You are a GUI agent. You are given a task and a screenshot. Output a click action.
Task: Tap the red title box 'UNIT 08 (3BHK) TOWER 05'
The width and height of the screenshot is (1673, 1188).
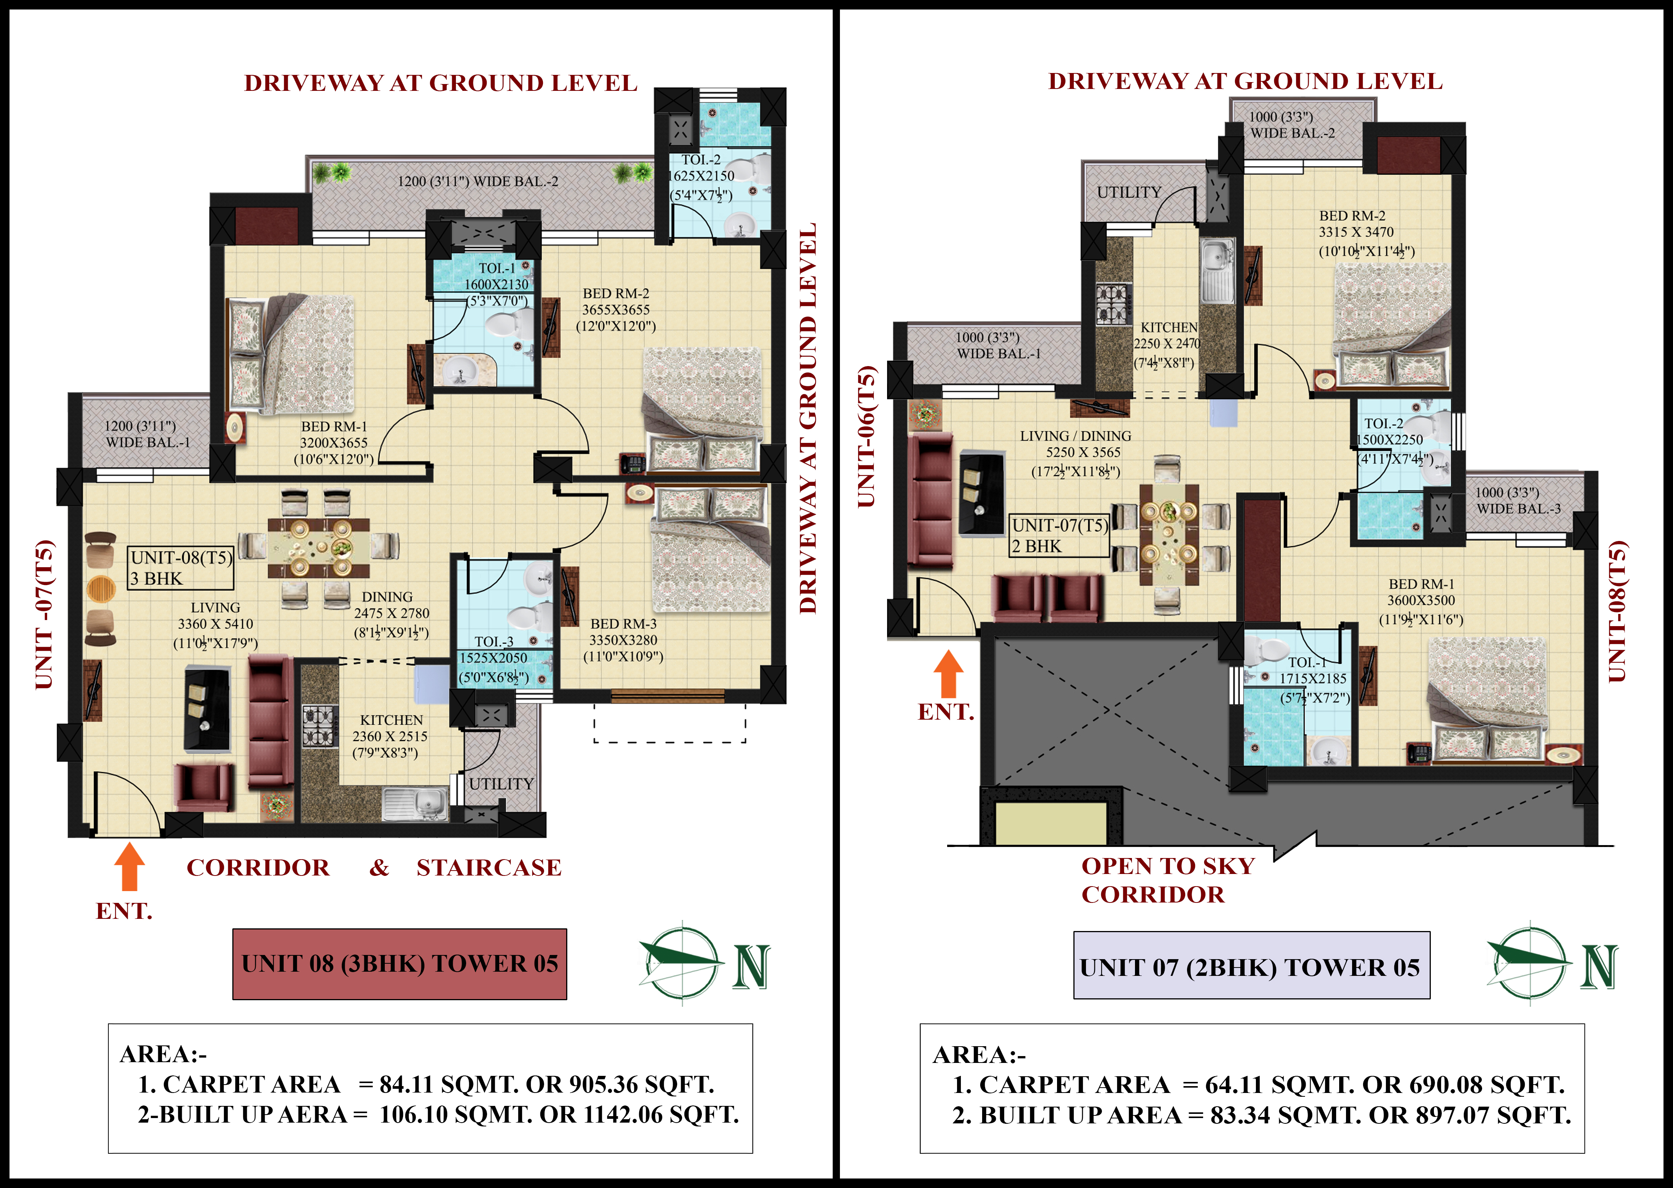(x=399, y=964)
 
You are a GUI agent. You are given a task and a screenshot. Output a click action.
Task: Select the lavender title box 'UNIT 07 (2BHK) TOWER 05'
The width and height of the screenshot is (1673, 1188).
(x=1252, y=966)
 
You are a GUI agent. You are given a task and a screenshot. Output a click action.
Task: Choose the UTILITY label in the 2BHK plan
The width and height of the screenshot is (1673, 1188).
(x=1129, y=192)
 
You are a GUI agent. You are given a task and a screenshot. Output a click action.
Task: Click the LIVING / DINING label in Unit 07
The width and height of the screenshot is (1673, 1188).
(x=1075, y=436)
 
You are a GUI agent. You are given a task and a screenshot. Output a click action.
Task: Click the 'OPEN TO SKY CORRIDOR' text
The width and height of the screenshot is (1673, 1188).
(x=1168, y=880)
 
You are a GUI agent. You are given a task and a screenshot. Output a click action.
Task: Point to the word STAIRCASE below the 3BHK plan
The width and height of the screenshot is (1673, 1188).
(x=489, y=868)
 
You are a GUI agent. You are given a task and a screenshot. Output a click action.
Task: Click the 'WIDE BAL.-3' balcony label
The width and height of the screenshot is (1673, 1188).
(x=1518, y=508)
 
